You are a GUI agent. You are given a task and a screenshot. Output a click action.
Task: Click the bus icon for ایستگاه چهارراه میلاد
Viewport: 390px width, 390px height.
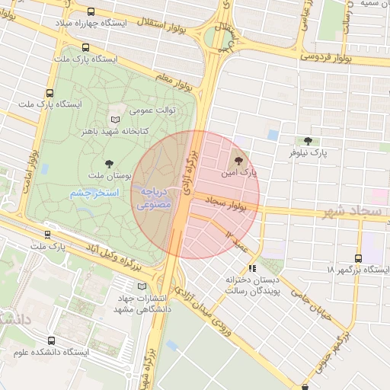pyautogui.click(x=91, y=12)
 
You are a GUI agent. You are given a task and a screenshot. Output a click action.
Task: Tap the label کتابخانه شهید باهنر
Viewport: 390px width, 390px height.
pyautogui.click(x=152, y=131)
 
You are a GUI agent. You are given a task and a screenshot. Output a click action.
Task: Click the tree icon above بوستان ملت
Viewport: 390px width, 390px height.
pyautogui.click(x=109, y=164)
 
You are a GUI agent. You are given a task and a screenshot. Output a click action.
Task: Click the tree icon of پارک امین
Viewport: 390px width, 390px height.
pyautogui.click(x=239, y=161)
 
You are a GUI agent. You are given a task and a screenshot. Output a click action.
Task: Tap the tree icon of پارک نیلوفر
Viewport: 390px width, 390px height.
pyautogui.click(x=308, y=141)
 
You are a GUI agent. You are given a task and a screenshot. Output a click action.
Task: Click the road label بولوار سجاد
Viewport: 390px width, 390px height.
pyautogui.click(x=229, y=202)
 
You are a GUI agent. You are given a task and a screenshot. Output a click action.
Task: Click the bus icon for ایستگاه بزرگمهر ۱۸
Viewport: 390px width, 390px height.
pyautogui.click(x=358, y=258)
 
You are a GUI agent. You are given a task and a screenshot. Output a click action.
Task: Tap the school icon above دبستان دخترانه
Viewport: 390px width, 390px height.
pyautogui.click(x=252, y=269)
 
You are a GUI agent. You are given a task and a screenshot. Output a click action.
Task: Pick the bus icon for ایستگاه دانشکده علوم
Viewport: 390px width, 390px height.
pyautogui.click(x=51, y=340)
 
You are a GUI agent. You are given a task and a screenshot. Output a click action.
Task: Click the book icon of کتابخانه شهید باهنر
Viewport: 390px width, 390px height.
pyautogui.click(x=116, y=120)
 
